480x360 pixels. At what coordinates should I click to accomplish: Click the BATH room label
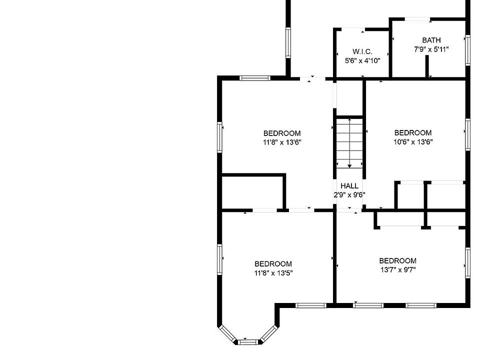click(431, 40)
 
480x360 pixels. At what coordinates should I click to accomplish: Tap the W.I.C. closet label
click(362, 52)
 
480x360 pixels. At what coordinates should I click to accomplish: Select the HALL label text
click(349, 186)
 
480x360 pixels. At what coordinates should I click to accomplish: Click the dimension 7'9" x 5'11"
click(431, 49)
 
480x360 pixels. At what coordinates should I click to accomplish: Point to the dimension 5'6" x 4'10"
click(362, 60)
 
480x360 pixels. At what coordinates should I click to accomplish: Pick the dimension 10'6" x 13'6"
click(413, 141)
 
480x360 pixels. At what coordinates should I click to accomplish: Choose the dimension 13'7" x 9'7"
click(397, 269)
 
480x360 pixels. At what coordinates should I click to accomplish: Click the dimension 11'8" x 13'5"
click(273, 273)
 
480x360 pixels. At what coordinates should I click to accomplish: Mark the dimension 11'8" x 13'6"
click(282, 142)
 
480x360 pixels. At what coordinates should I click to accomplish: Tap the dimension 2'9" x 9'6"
click(349, 195)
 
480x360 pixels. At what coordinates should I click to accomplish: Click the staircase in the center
click(349, 142)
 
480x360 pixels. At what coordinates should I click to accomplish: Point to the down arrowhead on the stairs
click(349, 165)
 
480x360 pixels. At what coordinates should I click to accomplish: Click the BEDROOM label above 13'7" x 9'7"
click(397, 260)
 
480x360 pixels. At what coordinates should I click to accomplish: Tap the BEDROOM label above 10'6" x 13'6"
click(413, 133)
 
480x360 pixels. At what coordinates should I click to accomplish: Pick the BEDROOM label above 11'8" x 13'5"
click(273, 264)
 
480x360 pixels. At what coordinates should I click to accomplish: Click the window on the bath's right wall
click(467, 50)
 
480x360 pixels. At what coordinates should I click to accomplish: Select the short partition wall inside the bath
click(428, 66)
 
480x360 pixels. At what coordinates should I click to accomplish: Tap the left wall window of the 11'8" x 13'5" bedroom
click(219, 259)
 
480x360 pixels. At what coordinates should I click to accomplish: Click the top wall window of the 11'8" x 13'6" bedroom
click(254, 78)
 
